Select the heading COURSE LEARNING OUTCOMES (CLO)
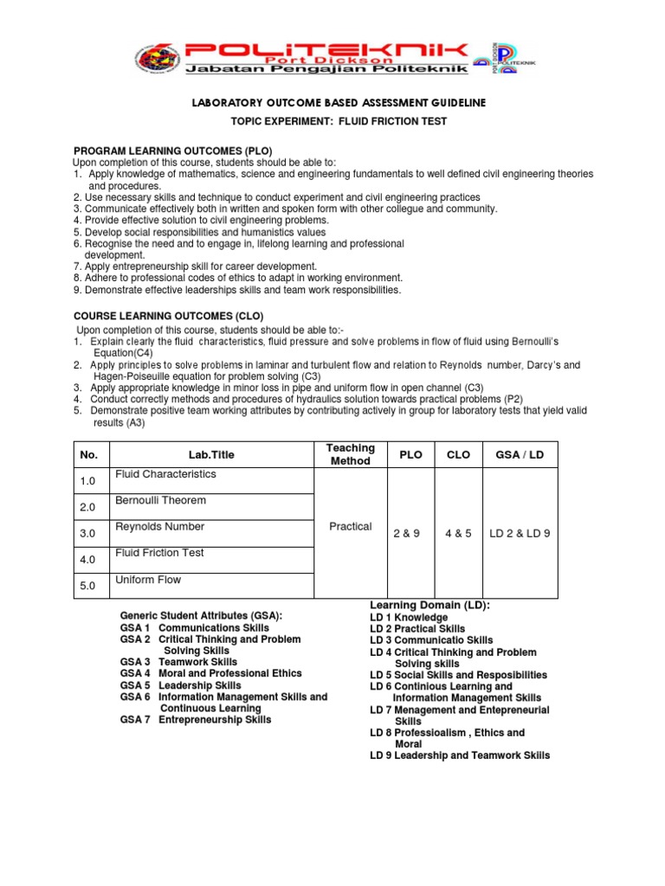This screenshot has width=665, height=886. (168, 316)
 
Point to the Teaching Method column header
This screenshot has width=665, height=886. (350, 454)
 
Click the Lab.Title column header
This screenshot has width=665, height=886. (211, 455)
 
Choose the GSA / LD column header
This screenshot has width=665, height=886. (519, 455)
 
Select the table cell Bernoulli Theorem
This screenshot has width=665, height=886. (161, 501)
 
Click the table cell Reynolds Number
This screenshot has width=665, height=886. (160, 527)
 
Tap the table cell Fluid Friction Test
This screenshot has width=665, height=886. (160, 553)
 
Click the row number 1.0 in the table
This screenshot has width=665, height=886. (88, 481)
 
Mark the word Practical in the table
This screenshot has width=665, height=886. (350, 527)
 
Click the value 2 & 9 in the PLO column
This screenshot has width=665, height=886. (404, 534)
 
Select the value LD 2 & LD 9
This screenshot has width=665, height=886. (520, 534)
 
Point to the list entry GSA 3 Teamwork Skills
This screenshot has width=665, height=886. (180, 662)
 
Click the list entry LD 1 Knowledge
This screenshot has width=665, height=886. (409, 618)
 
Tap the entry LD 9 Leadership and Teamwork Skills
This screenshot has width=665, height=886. (459, 755)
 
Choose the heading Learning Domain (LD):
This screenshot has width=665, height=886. (430, 605)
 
